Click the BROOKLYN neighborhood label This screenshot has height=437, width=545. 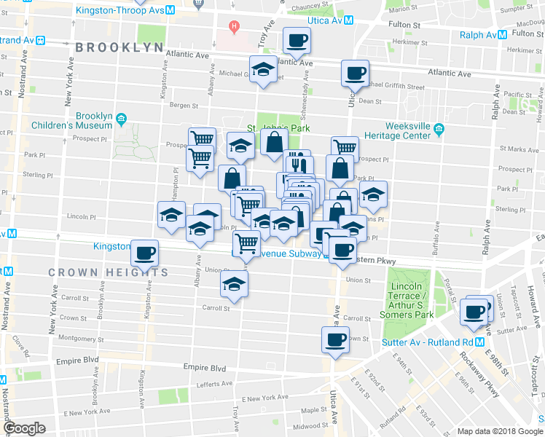(x=119, y=47)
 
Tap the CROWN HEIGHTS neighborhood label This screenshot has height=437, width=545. (x=109, y=272)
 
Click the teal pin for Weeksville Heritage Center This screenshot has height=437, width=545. (x=439, y=130)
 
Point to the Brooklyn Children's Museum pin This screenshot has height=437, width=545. (x=122, y=118)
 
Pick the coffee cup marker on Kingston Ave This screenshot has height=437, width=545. (x=145, y=252)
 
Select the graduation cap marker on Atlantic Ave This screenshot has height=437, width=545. (x=263, y=69)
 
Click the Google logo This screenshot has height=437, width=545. (x=24, y=428)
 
